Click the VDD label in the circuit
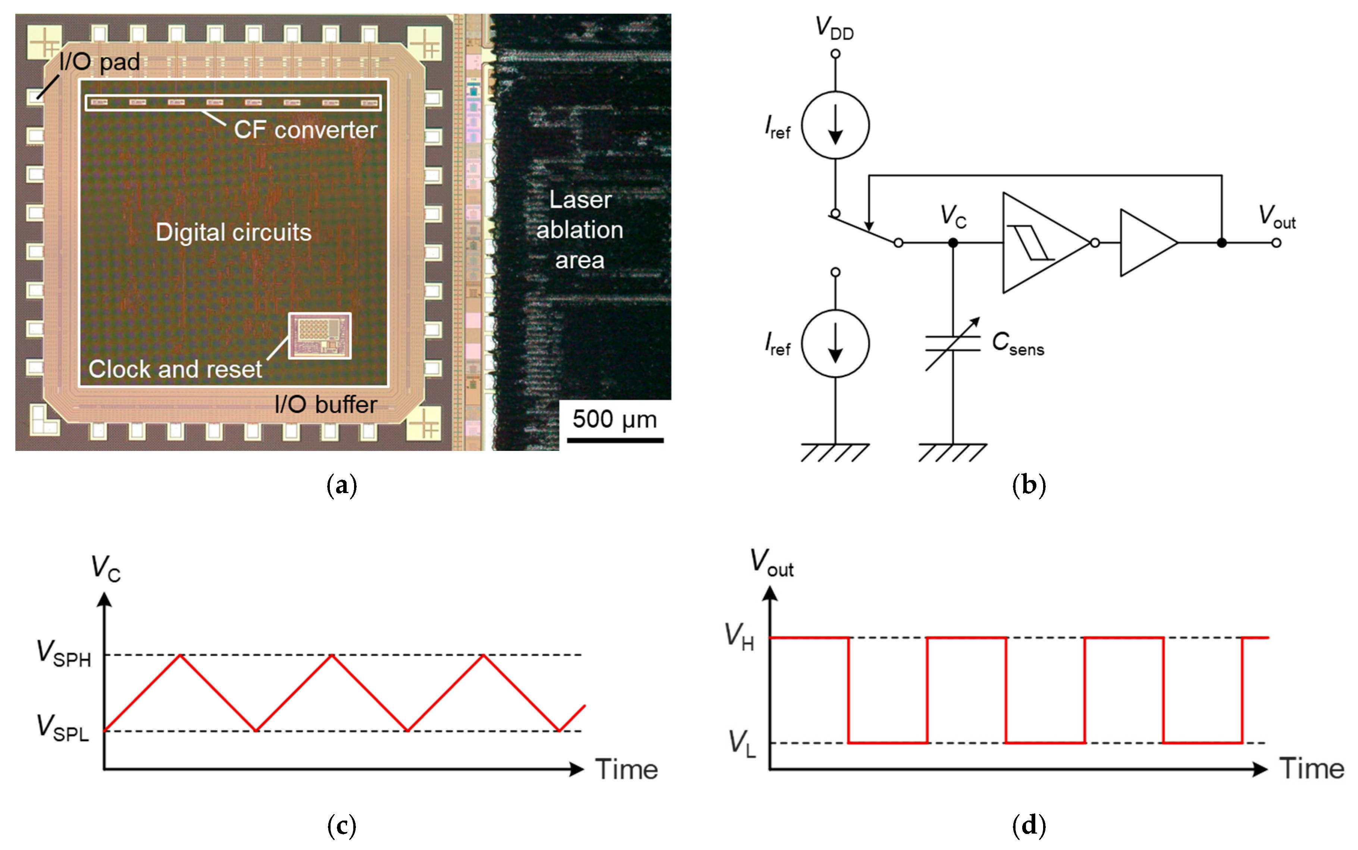point(835,28)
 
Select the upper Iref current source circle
point(835,125)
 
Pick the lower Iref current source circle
point(835,343)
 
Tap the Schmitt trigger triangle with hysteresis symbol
point(1040,243)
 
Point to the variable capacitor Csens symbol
point(952,344)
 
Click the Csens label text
point(1017,344)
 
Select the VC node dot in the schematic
point(952,243)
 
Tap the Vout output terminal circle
point(1276,243)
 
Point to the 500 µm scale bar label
point(614,419)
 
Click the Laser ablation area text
point(580,230)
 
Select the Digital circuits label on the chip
point(234,232)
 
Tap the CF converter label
point(305,130)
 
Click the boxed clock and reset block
point(319,336)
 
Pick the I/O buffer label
point(326,405)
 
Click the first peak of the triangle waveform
point(179,655)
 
